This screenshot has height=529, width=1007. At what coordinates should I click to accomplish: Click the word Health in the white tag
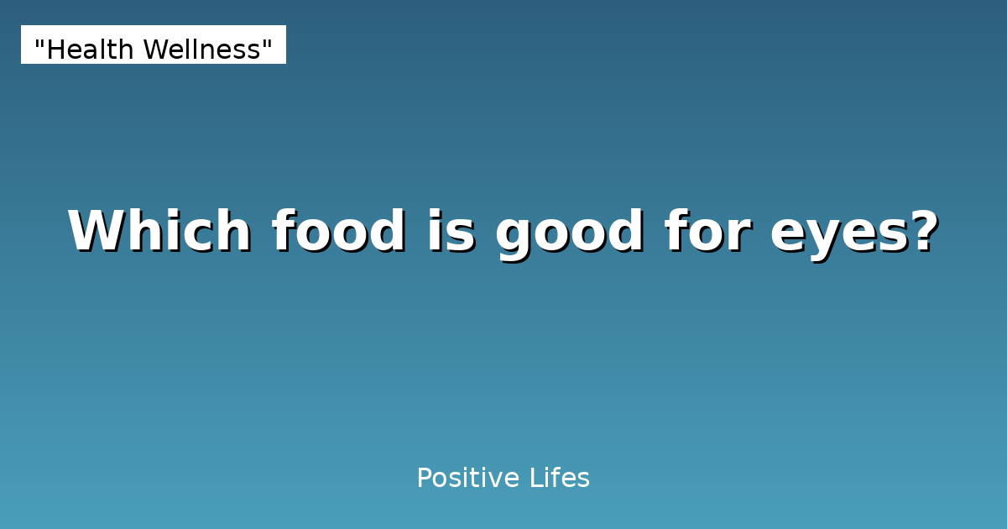pos(91,50)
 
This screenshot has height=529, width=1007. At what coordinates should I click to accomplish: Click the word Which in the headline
pos(159,231)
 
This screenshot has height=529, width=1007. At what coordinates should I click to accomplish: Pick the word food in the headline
pos(339,231)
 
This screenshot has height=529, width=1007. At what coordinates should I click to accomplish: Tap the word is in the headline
pos(451,231)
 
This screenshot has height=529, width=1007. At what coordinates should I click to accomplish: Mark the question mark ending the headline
pos(922,231)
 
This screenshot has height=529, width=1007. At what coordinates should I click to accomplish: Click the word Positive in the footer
pos(468,479)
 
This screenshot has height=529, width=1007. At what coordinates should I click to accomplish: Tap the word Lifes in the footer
pos(560,479)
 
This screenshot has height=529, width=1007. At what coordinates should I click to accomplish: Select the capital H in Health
pos(55,50)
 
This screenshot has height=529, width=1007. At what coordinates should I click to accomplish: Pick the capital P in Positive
pos(424,479)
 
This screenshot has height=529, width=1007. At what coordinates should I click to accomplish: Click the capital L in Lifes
pos(535,479)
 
